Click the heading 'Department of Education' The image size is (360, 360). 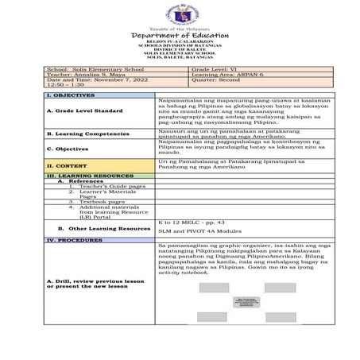180,36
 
